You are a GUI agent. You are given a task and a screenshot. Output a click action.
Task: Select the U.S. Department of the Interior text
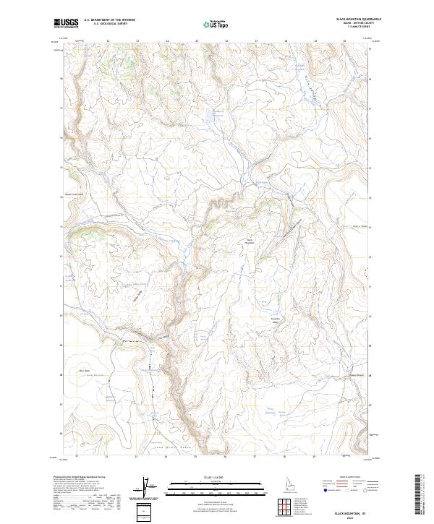(109, 20)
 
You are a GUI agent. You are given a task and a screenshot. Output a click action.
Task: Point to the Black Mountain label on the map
(251, 241)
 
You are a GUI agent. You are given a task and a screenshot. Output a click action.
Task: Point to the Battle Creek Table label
(76, 194)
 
